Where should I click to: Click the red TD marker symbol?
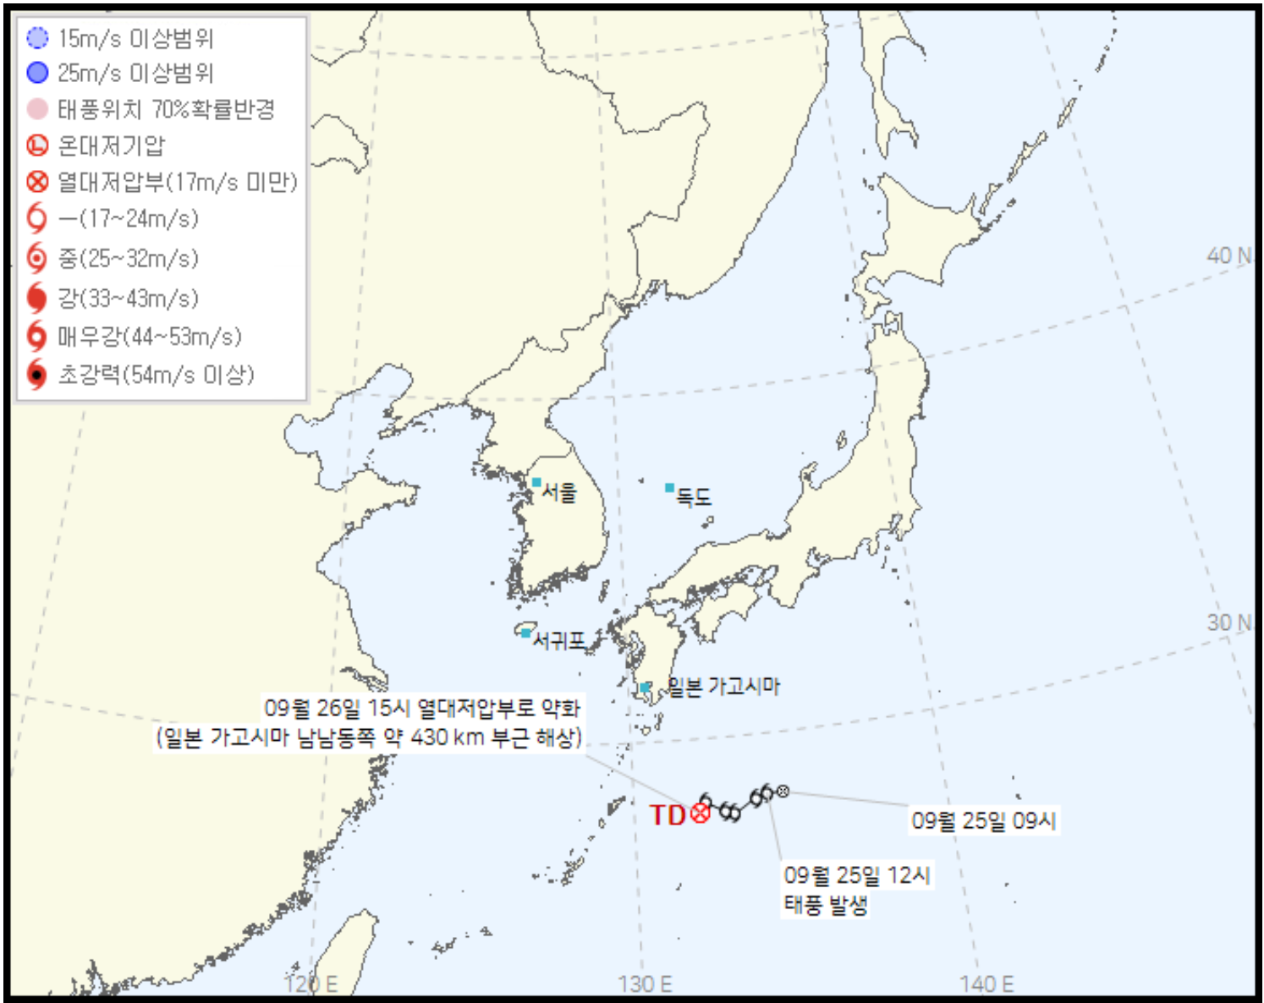[700, 814]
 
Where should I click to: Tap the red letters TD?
[667, 815]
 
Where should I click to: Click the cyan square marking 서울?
[536, 483]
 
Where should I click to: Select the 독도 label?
[694, 497]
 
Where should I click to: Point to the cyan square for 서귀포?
[525, 633]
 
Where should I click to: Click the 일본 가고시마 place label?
[723, 686]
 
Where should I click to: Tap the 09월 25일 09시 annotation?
[984, 820]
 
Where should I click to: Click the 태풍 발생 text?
[826, 906]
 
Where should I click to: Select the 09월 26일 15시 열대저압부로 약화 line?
[422, 708]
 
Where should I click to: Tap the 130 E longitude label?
[645, 984]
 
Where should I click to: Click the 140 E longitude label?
[986, 984]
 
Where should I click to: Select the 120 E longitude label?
[311, 984]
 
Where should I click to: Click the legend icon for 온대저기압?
[37, 145]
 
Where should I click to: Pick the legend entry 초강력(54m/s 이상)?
[156, 375]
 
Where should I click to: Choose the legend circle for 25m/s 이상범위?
[37, 73]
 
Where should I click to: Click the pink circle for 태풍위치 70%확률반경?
[37, 109]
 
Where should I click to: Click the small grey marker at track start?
[783, 792]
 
